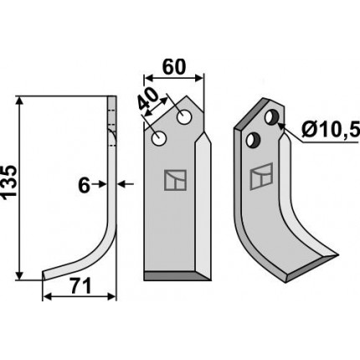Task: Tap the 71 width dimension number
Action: (81, 286)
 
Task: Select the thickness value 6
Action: (85, 186)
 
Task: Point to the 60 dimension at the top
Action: (174, 67)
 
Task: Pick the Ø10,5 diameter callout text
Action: (331, 131)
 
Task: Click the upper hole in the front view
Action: (184, 117)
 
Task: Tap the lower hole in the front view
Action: (159, 138)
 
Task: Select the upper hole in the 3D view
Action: (271, 117)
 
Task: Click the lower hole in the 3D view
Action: (254, 140)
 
